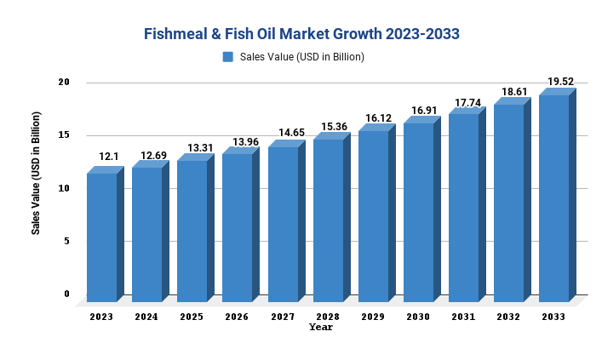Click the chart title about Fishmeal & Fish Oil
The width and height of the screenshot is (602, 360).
(x=301, y=34)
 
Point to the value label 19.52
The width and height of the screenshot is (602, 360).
(x=560, y=82)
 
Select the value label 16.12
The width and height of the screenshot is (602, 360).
(x=379, y=119)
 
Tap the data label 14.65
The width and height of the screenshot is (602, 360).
(x=289, y=134)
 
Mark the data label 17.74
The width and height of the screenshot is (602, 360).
(x=468, y=103)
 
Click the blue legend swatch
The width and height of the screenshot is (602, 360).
(x=228, y=57)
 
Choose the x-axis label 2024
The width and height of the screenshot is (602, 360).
(x=146, y=317)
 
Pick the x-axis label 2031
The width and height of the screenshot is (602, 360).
(x=463, y=317)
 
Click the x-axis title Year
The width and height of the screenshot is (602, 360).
(x=321, y=327)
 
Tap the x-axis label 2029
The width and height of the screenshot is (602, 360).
(x=372, y=317)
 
